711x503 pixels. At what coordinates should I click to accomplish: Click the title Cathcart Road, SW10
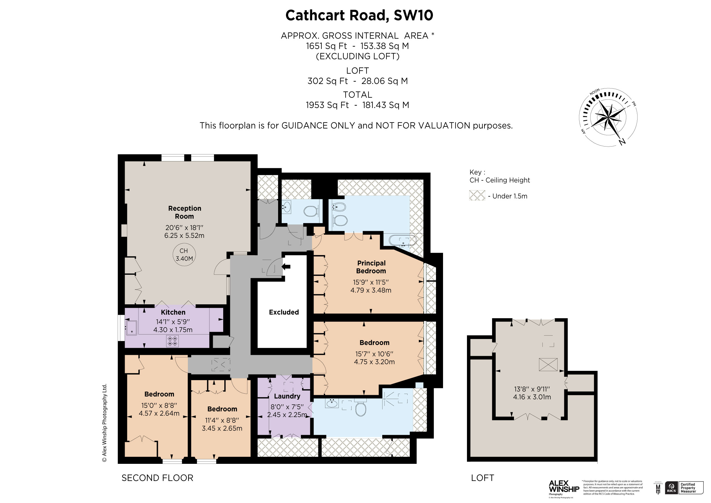coord(359,15)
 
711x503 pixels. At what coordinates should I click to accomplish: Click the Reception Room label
coord(185,212)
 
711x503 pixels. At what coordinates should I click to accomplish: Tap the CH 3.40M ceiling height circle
coord(184,255)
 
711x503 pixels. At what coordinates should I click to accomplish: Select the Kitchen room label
coord(173,312)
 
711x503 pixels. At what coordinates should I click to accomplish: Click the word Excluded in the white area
coord(284,312)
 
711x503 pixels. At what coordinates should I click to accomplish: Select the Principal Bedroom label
coord(371,267)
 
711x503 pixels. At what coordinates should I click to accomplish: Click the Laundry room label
coord(287,396)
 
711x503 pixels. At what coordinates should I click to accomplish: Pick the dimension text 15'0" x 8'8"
coord(159,405)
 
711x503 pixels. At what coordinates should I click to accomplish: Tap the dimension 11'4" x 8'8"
coord(222,420)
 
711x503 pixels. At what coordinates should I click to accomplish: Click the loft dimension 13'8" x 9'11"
coord(532,389)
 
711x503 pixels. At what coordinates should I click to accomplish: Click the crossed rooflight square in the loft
coord(548,365)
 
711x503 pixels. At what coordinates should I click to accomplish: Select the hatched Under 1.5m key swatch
coord(477,196)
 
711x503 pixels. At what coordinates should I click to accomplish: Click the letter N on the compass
coord(622,142)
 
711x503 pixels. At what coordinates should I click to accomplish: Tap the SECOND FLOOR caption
coord(157,478)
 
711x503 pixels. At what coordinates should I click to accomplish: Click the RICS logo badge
coord(671,488)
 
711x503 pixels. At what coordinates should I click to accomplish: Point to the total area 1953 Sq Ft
coord(327,105)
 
